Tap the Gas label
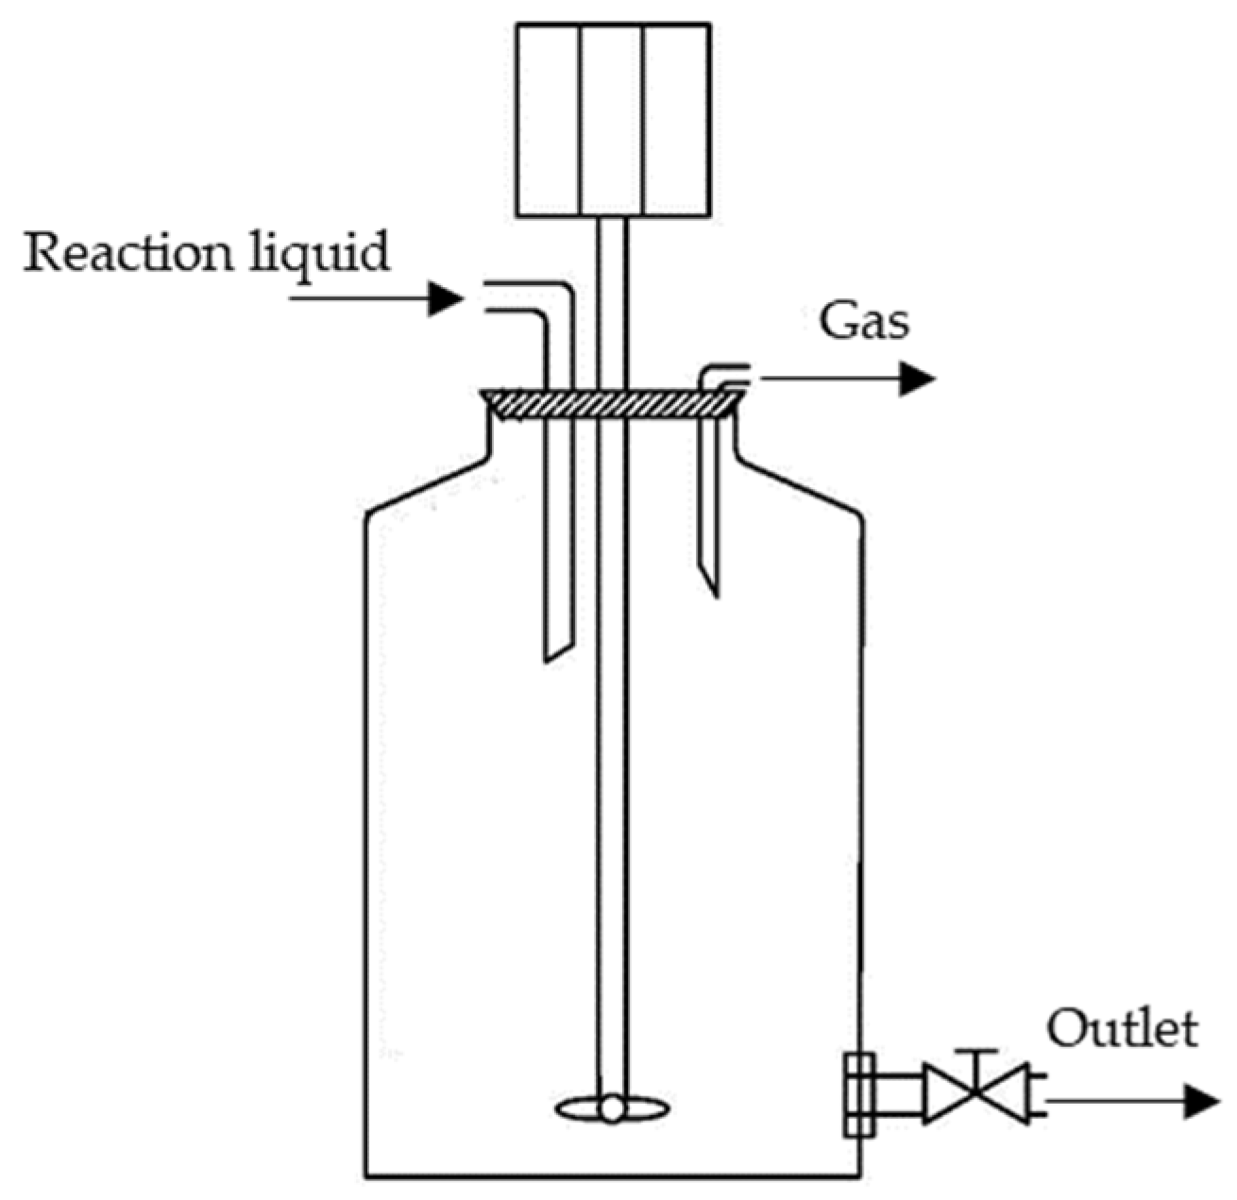point(863,321)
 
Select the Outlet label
point(1122,1028)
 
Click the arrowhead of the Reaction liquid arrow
point(445,298)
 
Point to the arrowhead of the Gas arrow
point(915,380)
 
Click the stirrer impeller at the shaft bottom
point(612,1107)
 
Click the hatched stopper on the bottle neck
point(610,404)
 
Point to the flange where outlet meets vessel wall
point(857,1094)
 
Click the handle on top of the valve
point(974,1052)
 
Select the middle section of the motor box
point(611,120)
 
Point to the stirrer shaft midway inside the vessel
point(611,755)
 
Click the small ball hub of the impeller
point(612,1108)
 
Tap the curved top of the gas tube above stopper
point(718,374)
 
